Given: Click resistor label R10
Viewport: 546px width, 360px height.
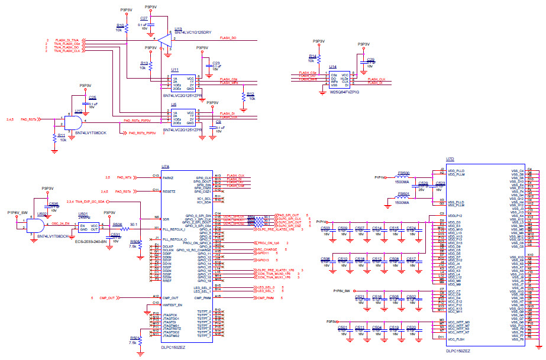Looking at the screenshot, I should (120, 25).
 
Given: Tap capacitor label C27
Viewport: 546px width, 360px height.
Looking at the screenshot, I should (144, 19).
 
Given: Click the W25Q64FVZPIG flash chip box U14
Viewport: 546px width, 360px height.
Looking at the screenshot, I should (340, 80).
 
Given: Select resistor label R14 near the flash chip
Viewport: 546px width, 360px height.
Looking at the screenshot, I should (312, 56).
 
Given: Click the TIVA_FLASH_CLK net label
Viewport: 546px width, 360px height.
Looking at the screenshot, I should (67, 51).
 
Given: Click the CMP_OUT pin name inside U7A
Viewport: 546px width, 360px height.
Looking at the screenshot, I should (170, 298).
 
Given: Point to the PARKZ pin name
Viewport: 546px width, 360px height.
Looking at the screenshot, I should (168, 177).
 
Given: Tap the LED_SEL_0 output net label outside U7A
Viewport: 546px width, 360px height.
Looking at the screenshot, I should (267, 287).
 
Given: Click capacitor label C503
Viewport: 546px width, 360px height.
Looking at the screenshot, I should (325, 228).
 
